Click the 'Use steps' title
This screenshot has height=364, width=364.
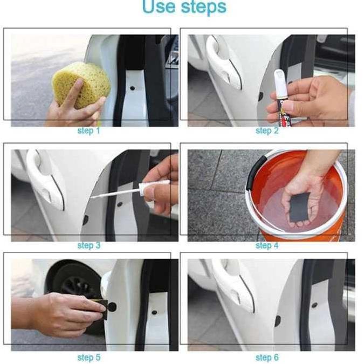coord(184,6)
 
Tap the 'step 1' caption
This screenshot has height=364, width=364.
coord(88,131)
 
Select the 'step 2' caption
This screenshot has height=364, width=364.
coord(267,131)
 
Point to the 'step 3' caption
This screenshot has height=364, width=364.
coord(89,245)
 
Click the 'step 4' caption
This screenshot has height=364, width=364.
coord(267,245)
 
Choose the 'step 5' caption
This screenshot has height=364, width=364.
coord(89,358)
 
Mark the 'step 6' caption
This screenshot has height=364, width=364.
coord(267,358)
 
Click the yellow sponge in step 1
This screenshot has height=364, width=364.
coord(81,84)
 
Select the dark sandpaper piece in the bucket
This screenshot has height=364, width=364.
coord(299,206)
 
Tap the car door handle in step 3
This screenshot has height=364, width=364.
coord(46,179)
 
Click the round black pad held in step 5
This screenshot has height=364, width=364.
coord(112,307)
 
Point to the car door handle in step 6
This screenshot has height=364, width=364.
coord(235,285)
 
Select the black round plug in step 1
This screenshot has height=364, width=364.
coord(132,88)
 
